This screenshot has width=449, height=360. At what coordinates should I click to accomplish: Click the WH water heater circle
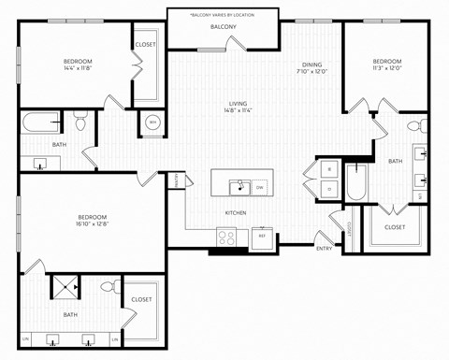pyautogui.click(x=152, y=122)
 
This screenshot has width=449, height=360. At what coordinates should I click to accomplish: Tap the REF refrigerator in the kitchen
pyautogui.click(x=263, y=236)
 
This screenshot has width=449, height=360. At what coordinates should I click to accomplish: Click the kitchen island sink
pyautogui.click(x=239, y=186)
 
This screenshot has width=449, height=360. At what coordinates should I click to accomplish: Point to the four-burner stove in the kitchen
pyautogui.click(x=228, y=238)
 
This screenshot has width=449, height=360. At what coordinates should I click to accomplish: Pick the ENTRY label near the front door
pyautogui.click(x=324, y=248)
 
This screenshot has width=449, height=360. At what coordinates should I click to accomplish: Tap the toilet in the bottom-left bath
pyautogui.click(x=109, y=287)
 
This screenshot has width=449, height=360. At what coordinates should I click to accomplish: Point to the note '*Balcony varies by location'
pyautogui.click(x=224, y=16)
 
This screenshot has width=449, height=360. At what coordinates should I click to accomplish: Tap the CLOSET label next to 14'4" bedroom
pyautogui.click(x=146, y=44)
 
